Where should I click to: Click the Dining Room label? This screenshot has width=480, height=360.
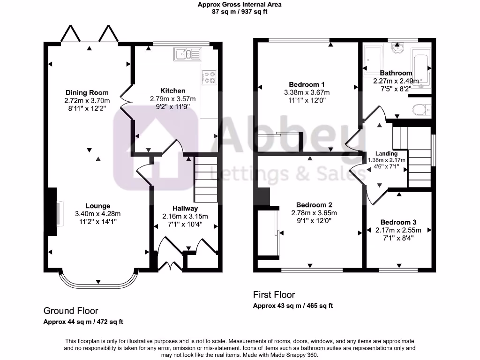pos(87,92)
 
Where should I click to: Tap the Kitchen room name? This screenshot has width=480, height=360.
pos(172,90)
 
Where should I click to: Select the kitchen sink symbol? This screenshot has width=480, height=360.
pos(187,54)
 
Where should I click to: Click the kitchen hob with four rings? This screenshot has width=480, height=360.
pos(209,77)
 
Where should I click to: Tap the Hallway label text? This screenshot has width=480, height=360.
pos(185,208)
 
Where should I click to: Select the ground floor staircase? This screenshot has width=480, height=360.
pos(206,178)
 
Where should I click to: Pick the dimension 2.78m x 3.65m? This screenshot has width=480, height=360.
pos(314,213)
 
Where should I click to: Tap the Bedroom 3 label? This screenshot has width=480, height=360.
pos(398,222)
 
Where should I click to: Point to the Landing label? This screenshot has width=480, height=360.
pos(387,153)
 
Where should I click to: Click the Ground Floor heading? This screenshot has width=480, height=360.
pos(71,310)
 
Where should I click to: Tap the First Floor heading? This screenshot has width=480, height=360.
pos(274,295)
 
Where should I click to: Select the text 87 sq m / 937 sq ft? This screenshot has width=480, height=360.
pos(240,12)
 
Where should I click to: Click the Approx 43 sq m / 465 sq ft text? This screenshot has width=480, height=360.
pos(293,306)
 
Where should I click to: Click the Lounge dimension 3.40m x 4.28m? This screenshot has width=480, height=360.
pos(97,214)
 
